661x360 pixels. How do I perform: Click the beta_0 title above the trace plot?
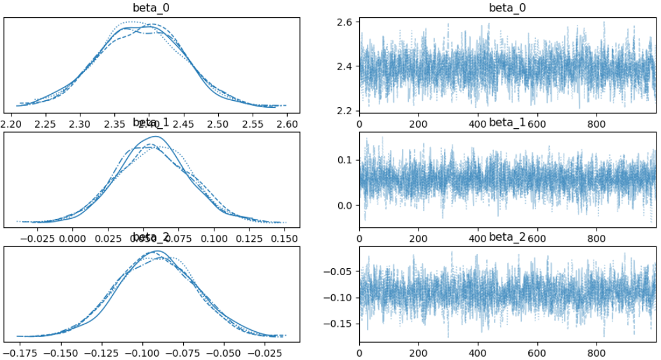pyautogui.click(x=507, y=8)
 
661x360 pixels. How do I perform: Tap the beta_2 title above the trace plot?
pyautogui.click(x=507, y=237)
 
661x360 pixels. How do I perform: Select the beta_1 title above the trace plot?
pyautogui.click(x=507, y=123)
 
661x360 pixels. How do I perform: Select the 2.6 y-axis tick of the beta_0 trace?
pyautogui.click(x=345, y=22)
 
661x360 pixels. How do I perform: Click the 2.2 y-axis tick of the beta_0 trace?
pyautogui.click(x=345, y=111)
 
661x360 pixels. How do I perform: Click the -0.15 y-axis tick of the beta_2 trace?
pyautogui.click(x=341, y=324)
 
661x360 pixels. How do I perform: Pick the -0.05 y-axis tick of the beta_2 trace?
pyautogui.click(x=341, y=271)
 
